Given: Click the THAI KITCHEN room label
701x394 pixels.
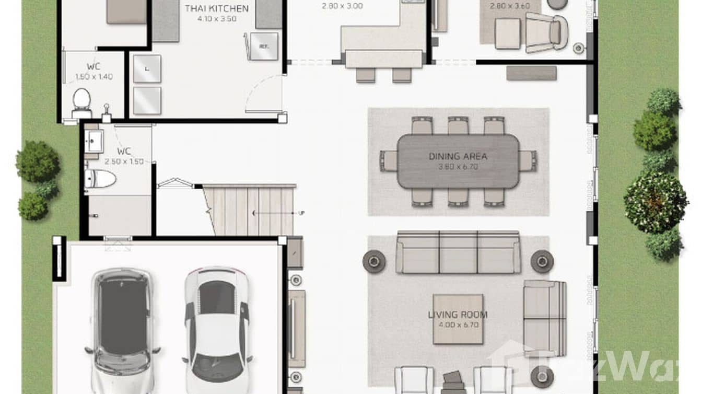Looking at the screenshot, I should pyautogui.click(x=216, y=8).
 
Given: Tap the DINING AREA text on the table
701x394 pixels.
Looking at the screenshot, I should pyautogui.click(x=458, y=156).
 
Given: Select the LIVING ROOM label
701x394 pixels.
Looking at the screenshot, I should pyautogui.click(x=458, y=315).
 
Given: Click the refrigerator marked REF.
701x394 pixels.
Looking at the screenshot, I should pyautogui.click(x=264, y=46).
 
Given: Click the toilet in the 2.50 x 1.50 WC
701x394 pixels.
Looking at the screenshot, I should pyautogui.click(x=100, y=179).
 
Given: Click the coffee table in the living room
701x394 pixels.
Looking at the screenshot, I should pyautogui.click(x=458, y=319).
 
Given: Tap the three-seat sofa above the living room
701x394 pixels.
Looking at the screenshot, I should pyautogui.click(x=458, y=252).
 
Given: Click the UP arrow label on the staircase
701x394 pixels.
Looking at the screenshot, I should pyautogui.click(x=301, y=213).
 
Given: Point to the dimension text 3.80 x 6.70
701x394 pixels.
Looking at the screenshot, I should pyautogui.click(x=458, y=167).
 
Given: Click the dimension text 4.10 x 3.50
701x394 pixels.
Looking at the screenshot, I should pyautogui.click(x=217, y=18).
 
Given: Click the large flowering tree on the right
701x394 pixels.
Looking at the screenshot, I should pyautogui.click(x=656, y=203).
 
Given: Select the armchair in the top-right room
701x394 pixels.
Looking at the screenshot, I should pyautogui.click(x=546, y=32).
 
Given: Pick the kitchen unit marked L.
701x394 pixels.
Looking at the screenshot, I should pyautogui.click(x=147, y=68).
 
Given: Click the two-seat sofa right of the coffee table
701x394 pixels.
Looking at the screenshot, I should pyautogui.click(x=544, y=318).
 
